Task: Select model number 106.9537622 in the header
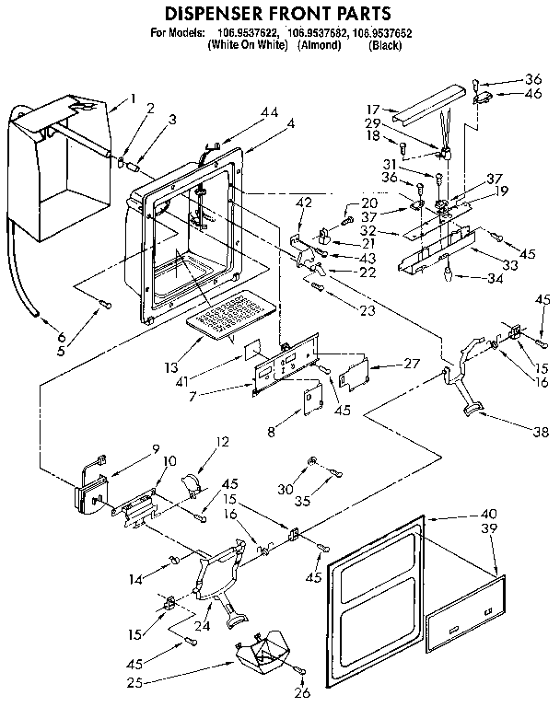[248, 34]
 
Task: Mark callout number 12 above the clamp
[221, 442]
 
